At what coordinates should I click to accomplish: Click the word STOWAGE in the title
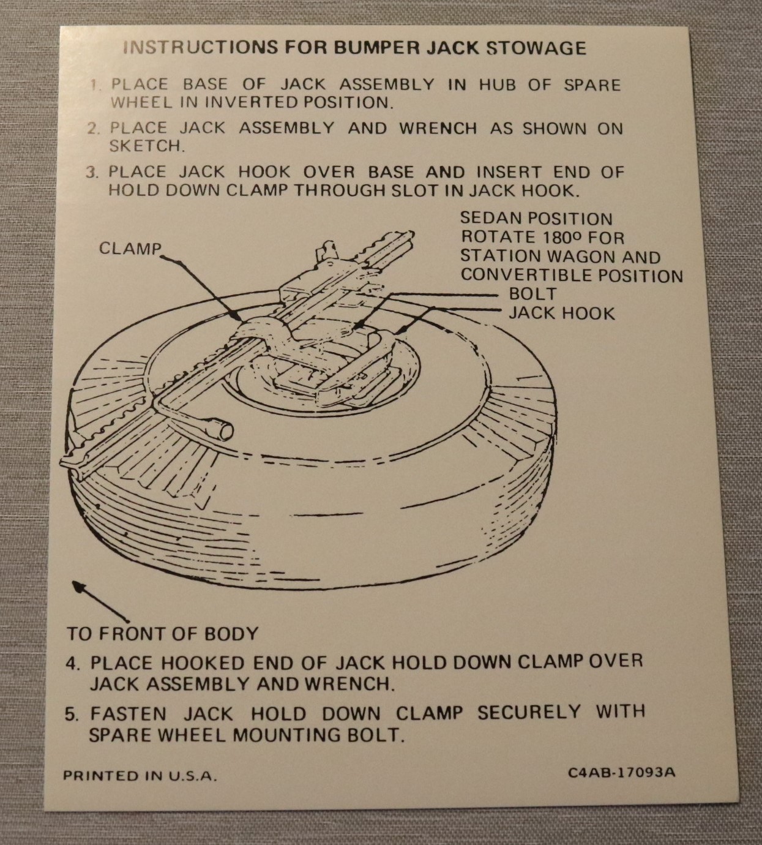(x=536, y=48)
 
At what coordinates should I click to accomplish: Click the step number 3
(x=92, y=173)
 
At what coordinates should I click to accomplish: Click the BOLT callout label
(x=533, y=293)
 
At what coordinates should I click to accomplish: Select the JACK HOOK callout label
(x=562, y=314)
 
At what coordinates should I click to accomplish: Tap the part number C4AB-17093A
(x=622, y=773)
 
